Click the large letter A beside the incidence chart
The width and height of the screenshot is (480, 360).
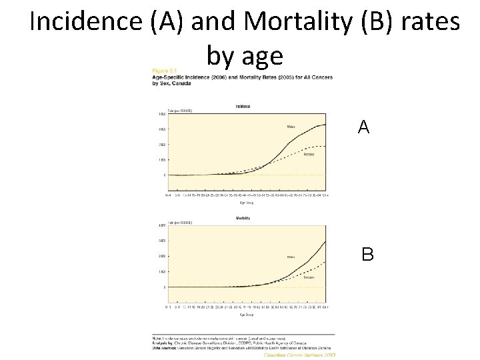click(x=363, y=127)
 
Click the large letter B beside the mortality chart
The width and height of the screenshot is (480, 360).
click(x=367, y=254)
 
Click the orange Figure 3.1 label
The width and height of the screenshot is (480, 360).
click(x=163, y=70)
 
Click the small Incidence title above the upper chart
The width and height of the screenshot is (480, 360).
click(x=243, y=106)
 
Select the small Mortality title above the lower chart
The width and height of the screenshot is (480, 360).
click(x=243, y=218)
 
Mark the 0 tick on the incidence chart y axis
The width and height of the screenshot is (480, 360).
click(x=165, y=175)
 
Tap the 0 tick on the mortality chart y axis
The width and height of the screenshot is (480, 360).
click(x=165, y=287)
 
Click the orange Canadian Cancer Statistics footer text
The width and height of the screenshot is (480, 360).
click(x=299, y=355)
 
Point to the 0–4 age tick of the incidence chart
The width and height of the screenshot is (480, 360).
click(x=169, y=195)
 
